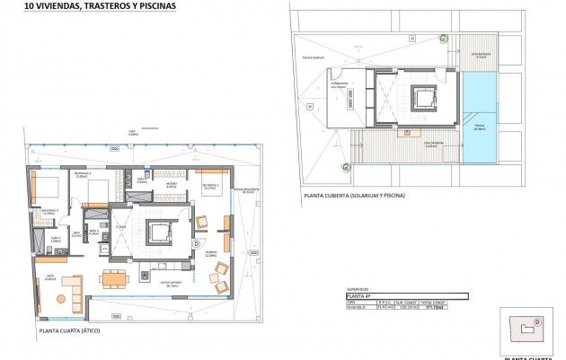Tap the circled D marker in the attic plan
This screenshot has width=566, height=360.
point(196,243)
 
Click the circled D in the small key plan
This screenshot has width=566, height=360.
point(537,321)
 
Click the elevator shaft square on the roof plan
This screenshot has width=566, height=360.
point(421,98)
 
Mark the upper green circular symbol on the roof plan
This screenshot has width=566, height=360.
point(442,36)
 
